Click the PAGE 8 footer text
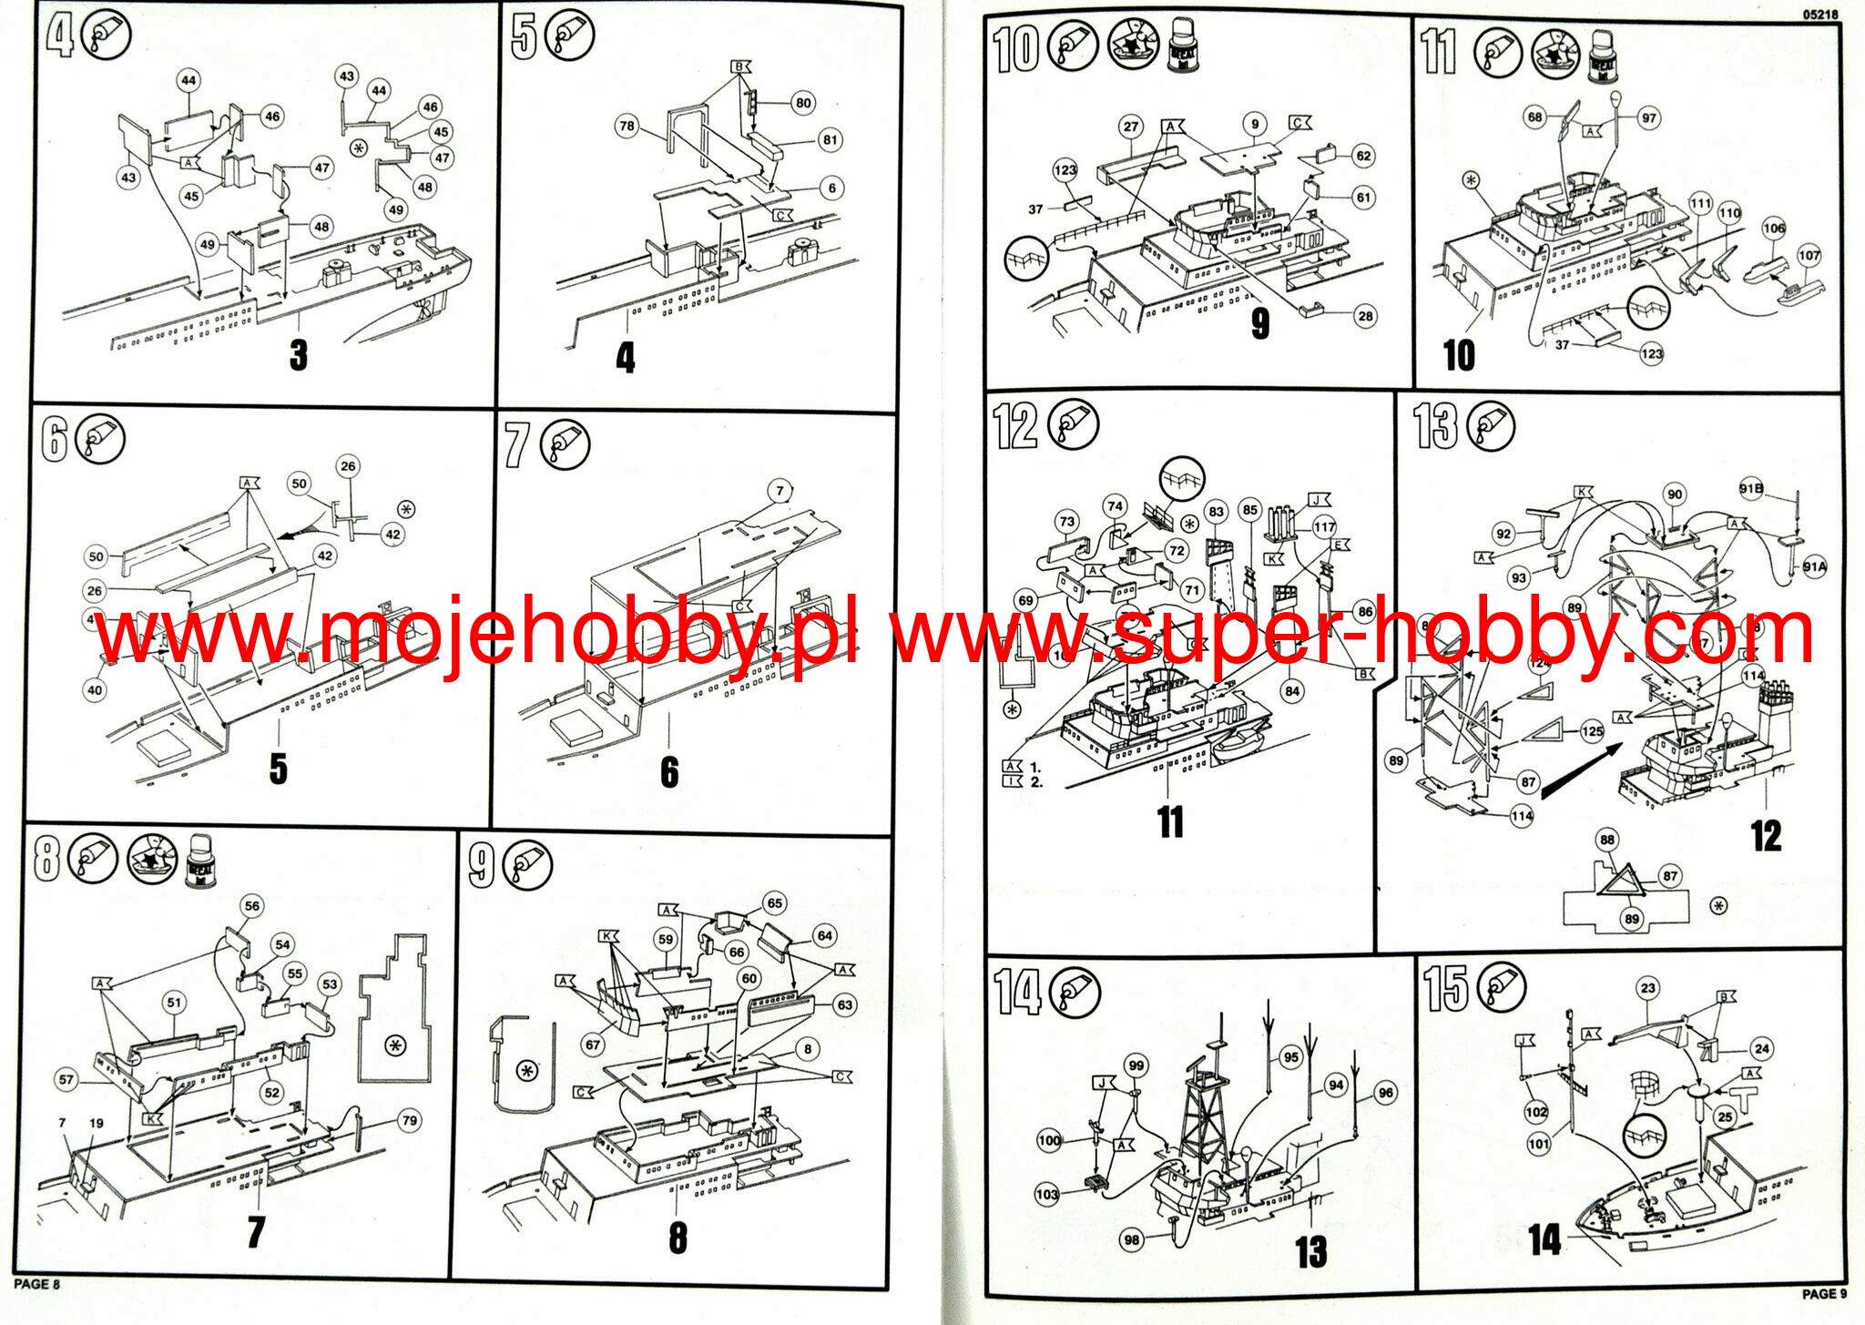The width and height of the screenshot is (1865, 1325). tap(36, 1284)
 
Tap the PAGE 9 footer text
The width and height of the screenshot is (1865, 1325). tap(1824, 1293)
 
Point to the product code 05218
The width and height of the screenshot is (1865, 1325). tap(1819, 15)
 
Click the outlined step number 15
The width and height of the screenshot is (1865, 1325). tap(1446, 989)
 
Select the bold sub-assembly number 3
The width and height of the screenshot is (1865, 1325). tap(299, 354)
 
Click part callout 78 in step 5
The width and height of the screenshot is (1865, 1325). tap(627, 126)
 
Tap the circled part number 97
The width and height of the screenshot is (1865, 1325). tap(1648, 117)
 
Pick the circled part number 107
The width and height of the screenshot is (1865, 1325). tap(1809, 256)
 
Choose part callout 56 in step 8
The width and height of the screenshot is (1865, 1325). tap(252, 905)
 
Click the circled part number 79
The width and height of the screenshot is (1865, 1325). tap(409, 1120)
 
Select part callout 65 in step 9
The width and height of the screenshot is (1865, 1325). tap(774, 903)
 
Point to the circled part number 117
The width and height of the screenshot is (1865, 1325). tap(1324, 526)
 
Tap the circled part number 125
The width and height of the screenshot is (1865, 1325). tap(1592, 731)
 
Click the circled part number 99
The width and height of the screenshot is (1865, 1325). tap(1136, 1065)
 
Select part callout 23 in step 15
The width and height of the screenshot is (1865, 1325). tap(1648, 988)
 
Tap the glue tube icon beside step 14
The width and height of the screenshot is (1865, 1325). tap(1075, 992)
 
